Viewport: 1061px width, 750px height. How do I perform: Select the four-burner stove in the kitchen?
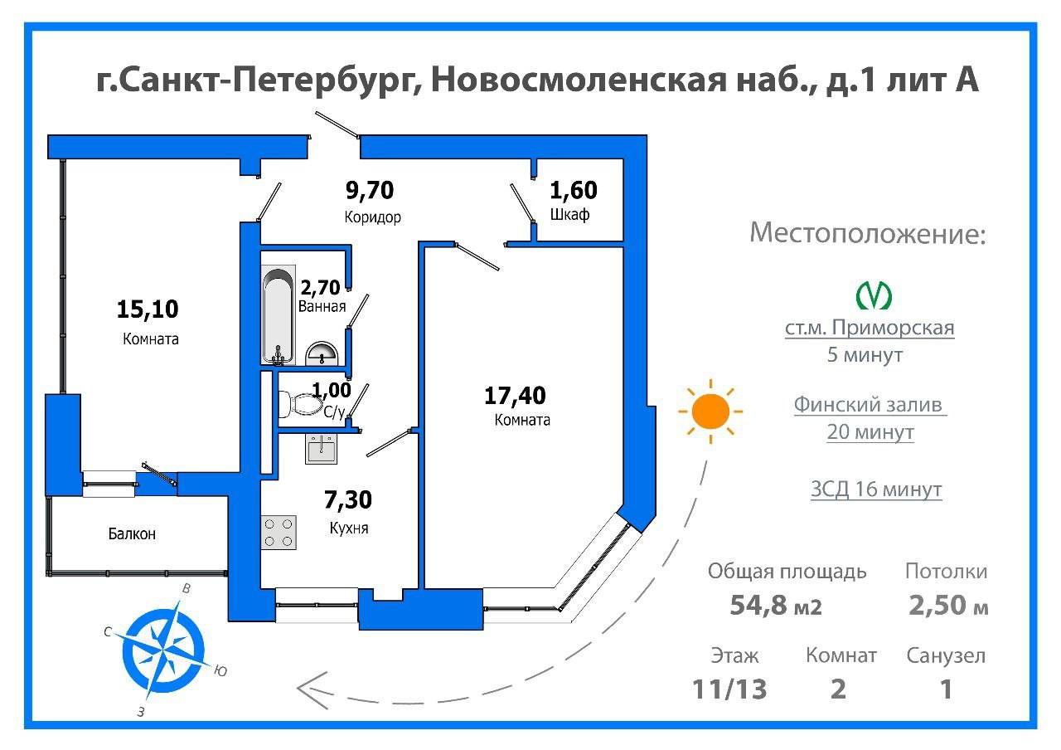click(279, 532)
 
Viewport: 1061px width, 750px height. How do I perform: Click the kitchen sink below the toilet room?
click(322, 449)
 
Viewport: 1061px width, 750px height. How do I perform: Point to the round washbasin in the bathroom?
click(322, 354)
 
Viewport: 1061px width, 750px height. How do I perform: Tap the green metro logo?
click(873, 295)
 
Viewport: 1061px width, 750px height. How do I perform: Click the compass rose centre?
click(164, 645)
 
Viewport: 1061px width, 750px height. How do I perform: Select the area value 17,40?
click(515, 395)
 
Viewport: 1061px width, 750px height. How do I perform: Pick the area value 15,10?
click(148, 309)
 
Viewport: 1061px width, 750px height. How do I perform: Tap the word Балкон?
click(132, 534)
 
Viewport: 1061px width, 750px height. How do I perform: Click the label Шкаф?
click(569, 216)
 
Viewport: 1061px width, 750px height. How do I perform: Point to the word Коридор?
click(373, 218)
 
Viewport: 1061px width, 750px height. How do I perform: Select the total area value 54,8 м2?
click(776, 606)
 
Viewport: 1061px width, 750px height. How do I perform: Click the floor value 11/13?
click(730, 689)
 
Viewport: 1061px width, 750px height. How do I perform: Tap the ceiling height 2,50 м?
click(948, 606)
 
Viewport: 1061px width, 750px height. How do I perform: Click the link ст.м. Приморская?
click(870, 328)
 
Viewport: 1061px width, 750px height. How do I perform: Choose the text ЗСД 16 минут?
click(876, 489)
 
